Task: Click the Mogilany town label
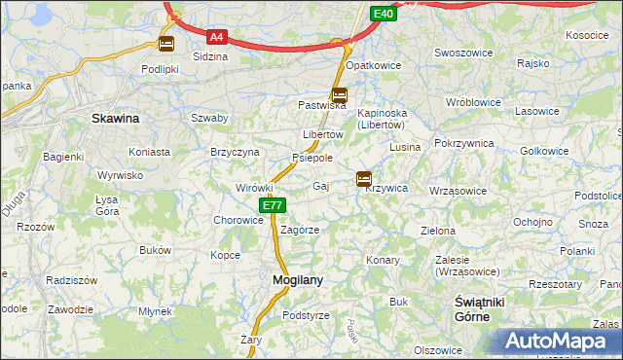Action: click(296, 279)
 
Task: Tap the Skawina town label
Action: click(115, 118)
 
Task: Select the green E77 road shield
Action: click(273, 205)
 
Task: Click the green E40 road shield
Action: click(384, 14)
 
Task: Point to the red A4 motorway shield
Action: click(217, 38)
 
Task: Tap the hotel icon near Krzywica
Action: click(364, 178)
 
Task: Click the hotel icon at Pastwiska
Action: click(339, 95)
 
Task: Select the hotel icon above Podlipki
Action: click(166, 44)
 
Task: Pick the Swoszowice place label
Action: click(462, 53)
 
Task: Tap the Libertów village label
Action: click(323, 133)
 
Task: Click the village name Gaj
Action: click(321, 185)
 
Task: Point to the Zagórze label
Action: click(300, 230)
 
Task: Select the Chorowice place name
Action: click(238, 220)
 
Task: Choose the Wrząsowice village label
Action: click(457, 191)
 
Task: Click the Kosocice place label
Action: click(587, 35)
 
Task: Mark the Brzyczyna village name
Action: click(235, 152)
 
